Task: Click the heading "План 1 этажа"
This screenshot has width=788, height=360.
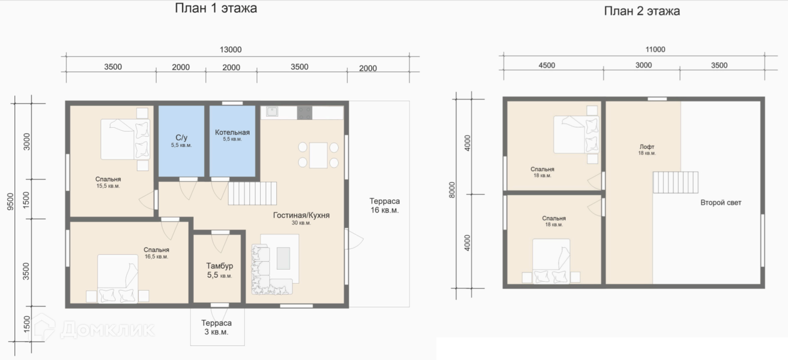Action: [216, 8]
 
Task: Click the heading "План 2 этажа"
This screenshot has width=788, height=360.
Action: [642, 11]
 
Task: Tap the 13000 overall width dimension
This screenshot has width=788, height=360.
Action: [231, 50]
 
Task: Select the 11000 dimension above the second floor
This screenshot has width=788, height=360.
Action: [655, 50]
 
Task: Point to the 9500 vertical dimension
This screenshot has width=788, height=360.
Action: [11, 202]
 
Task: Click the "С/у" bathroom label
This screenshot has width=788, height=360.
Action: [181, 138]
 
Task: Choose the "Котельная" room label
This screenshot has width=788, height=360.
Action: [232, 132]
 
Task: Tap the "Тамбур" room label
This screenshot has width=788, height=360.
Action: [219, 266]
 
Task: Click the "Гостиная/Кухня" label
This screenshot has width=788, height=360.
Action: [301, 215]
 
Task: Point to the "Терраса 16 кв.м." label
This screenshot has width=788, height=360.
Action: [384, 206]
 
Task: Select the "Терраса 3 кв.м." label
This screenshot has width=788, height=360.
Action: [216, 327]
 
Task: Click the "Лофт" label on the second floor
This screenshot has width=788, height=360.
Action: [647, 147]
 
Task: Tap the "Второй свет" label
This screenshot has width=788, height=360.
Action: [721, 203]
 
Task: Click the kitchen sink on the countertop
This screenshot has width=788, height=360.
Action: [272, 112]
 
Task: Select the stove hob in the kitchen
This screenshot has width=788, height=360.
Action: [305, 113]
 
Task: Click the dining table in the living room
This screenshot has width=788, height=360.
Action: [318, 155]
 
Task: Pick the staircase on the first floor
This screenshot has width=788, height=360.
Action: [252, 193]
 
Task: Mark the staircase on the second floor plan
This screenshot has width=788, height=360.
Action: [675, 182]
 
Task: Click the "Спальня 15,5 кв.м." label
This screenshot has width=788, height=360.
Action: [108, 182]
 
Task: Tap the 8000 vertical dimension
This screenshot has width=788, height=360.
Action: [452, 190]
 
